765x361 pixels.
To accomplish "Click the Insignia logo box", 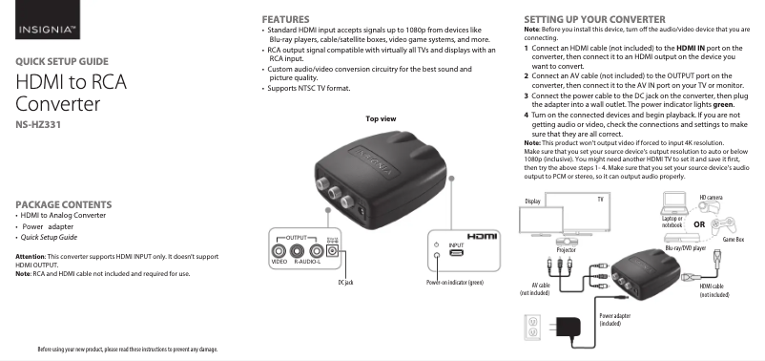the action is pos(48,19).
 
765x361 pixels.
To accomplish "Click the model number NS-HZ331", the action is pos(38,124).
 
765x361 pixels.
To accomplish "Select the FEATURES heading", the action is pos(285,19).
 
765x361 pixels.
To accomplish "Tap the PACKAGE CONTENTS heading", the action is pos(63,204).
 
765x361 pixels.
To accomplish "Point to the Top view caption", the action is pos(381,118).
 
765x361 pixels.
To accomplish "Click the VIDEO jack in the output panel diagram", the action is pos(279,251).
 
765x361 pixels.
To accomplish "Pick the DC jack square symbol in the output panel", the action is pos(333,251).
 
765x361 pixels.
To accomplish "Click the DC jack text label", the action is pos(345,283).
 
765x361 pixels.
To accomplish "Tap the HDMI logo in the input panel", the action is pos(482,237).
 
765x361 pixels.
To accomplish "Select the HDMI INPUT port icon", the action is pos(456,253).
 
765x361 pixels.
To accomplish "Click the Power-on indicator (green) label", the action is pos(455,283).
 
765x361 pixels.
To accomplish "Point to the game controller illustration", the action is pos(723,225).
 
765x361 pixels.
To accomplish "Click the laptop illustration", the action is pos(675,203).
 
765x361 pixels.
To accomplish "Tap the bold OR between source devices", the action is pos(699,224).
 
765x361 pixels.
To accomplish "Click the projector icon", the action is pos(567,242).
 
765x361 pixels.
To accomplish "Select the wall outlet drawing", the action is pos(533,328).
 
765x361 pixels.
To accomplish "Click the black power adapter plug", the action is pos(566,328).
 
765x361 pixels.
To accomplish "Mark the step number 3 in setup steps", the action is pos(527,96).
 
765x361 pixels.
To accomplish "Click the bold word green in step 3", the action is pos(724,104).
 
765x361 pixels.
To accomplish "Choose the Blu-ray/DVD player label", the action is pos(686,248).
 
